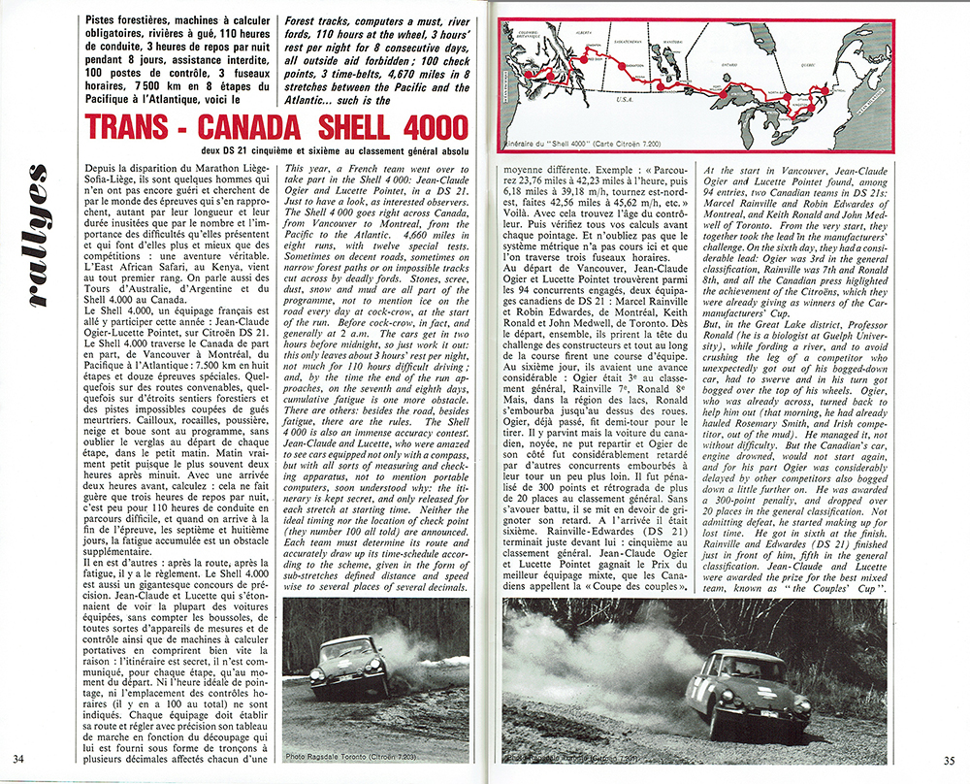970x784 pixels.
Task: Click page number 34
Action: (18, 759)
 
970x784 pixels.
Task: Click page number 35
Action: (950, 759)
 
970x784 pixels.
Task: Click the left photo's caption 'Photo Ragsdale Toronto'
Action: (344, 756)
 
